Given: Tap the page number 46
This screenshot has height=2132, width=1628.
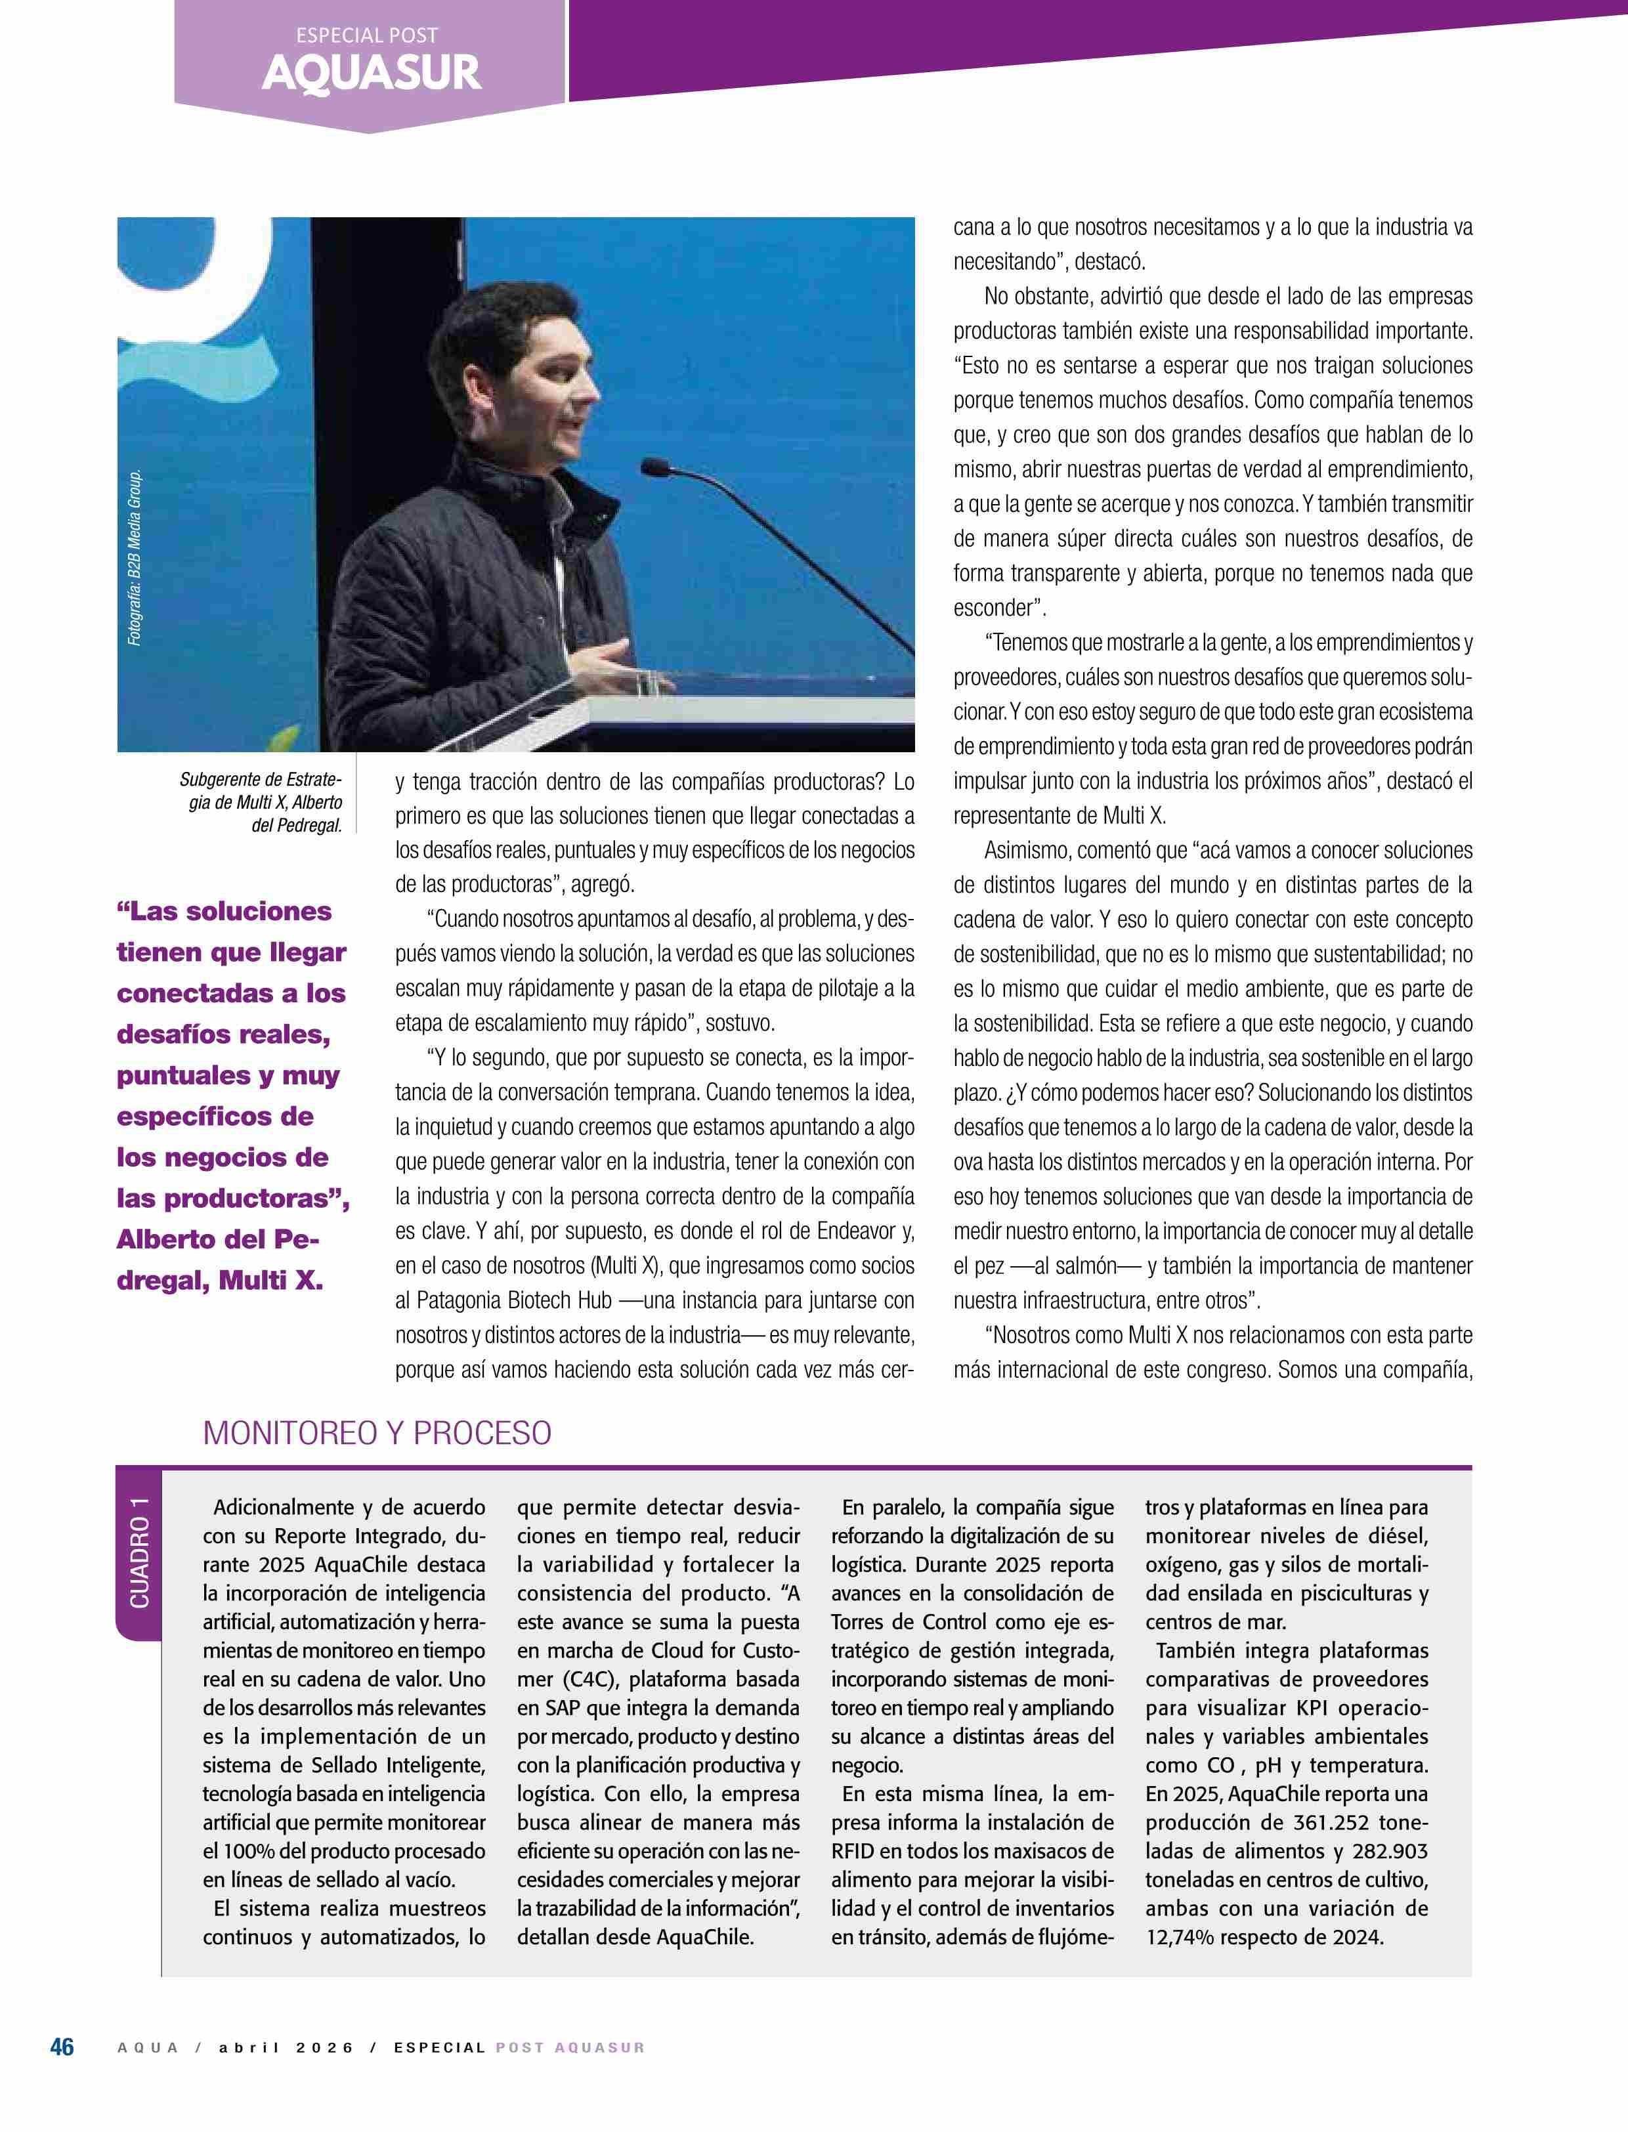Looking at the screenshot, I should pyautogui.click(x=62, y=2047).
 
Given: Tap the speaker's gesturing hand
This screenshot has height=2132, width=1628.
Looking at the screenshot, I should pyautogui.click(x=606, y=661).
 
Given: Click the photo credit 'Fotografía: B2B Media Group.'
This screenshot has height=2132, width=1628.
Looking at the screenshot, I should pyautogui.click(x=135, y=558).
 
